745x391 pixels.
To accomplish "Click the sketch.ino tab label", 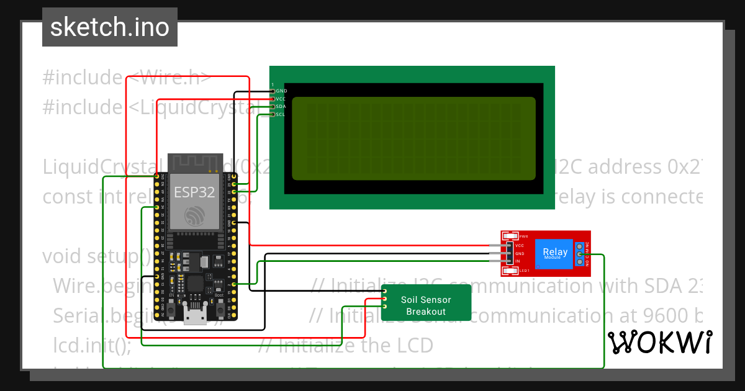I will [x=109, y=27].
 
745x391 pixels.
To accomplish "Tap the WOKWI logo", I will [x=660, y=342].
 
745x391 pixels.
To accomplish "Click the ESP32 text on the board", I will [x=194, y=192].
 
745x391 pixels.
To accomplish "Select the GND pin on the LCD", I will [x=273, y=91].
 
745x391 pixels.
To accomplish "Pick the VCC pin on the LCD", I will [x=273, y=99].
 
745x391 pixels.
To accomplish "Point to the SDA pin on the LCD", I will [x=273, y=107].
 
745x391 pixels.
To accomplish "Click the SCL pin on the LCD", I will [x=273, y=114].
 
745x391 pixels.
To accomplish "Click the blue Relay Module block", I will [x=554, y=253].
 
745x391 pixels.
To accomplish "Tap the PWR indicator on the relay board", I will [x=510, y=236].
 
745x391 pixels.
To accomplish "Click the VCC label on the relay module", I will [x=520, y=246].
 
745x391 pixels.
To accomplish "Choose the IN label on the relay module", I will [x=518, y=262].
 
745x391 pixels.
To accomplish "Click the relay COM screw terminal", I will [x=580, y=254].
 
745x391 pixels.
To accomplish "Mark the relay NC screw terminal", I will [x=580, y=246].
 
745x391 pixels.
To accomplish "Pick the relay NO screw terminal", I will [x=580, y=262].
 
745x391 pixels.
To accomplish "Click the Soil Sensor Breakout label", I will [x=426, y=305].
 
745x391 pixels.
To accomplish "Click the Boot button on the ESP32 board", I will [x=219, y=308].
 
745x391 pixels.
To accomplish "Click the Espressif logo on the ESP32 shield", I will [x=194, y=216].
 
